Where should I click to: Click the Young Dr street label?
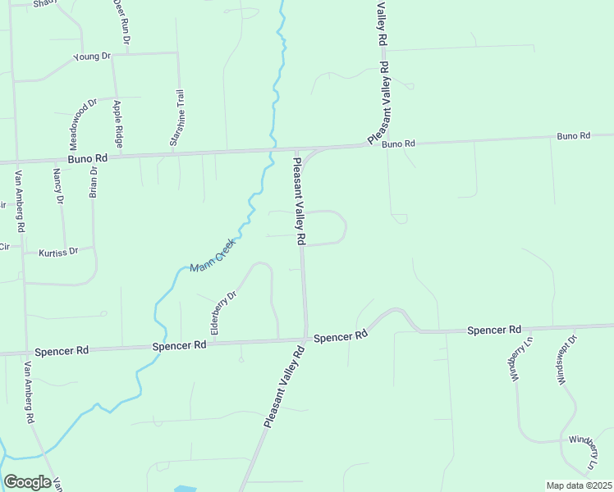[92, 57]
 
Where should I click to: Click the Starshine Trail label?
[176, 118]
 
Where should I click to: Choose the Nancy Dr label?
[57, 185]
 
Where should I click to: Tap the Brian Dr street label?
[94, 182]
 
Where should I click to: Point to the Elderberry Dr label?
[223, 312]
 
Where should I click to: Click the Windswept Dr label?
[564, 359]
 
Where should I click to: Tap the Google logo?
[27, 482]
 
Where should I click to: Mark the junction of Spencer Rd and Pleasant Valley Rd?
[305, 338]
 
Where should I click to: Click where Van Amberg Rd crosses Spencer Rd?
[27, 353]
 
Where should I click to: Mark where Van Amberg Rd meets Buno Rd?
[16, 162]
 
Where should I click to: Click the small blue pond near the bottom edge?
[186, 488]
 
